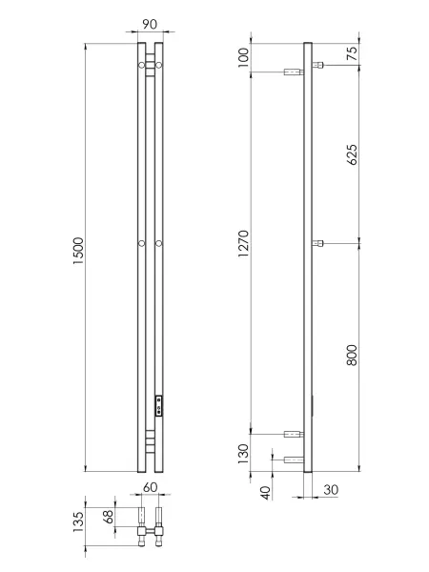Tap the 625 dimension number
(x=354, y=153)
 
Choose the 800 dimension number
(x=354, y=357)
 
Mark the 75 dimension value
(x=354, y=54)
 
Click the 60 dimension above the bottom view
(x=150, y=487)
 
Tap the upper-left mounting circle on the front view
(x=141, y=65)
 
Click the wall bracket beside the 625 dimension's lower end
(x=318, y=243)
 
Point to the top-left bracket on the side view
(x=293, y=71)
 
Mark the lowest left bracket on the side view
(x=293, y=460)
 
